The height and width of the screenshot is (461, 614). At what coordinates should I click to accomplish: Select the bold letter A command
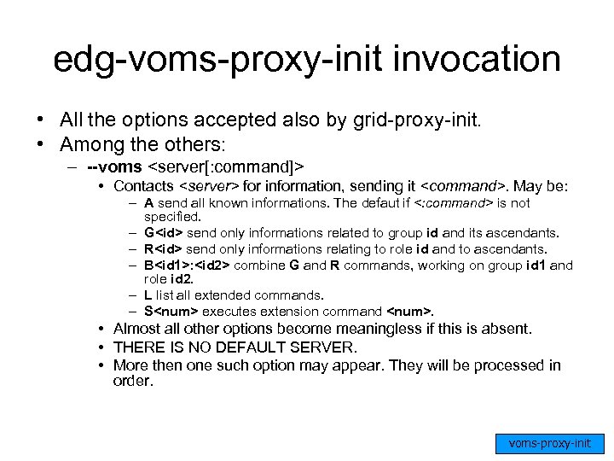pyautogui.click(x=149, y=202)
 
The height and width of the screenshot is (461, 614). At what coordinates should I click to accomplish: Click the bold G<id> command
pyautogui.click(x=161, y=233)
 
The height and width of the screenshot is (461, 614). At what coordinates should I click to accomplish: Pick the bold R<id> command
pyautogui.click(x=161, y=248)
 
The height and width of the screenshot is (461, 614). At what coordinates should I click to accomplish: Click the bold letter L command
pyautogui.click(x=148, y=295)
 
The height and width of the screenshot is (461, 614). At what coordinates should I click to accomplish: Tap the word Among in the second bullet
pyautogui.click(x=83, y=143)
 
